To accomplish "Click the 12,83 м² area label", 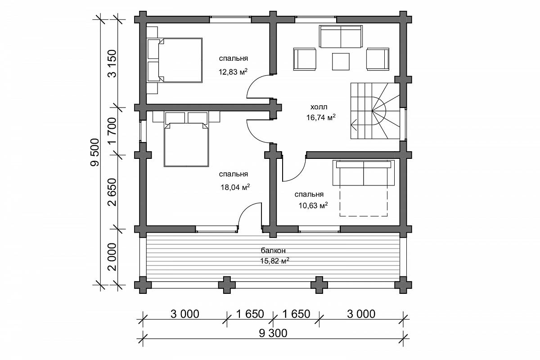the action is (233, 72).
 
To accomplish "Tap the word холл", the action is (319, 107).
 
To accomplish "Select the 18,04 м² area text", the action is (235, 187).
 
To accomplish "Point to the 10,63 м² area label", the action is (313, 206).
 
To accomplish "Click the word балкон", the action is (273, 250).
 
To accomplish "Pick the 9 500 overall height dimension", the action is (95, 153).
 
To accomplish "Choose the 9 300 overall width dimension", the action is (273, 333).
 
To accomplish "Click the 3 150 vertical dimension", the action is (112, 63).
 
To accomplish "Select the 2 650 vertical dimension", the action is (112, 192).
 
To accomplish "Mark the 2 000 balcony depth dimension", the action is (112, 257).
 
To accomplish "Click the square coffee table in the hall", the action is (341, 62).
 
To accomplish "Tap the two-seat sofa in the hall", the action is (341, 36).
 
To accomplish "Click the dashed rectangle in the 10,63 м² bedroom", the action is (364, 201).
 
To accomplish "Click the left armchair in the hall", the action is (305, 59).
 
